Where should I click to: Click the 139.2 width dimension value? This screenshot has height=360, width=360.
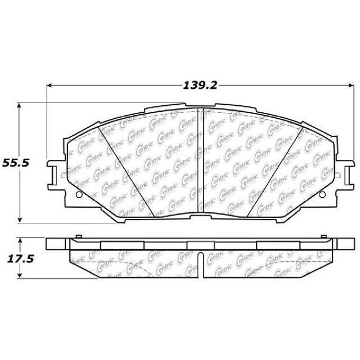point(200,86)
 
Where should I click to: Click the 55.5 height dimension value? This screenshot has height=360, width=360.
point(16,163)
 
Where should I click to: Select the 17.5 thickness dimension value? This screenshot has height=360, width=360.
point(21,259)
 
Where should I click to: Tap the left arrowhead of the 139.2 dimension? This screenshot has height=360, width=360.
point(49,86)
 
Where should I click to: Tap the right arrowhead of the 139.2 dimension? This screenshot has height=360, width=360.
point(351,86)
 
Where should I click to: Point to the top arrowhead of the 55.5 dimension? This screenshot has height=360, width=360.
point(19,105)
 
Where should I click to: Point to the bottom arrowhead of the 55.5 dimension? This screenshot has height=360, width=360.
point(19,220)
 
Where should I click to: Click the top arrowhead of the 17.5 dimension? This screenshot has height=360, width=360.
point(20,241)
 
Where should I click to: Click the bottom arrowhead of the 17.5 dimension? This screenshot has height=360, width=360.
point(20,275)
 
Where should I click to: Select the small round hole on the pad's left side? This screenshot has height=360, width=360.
point(79,195)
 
